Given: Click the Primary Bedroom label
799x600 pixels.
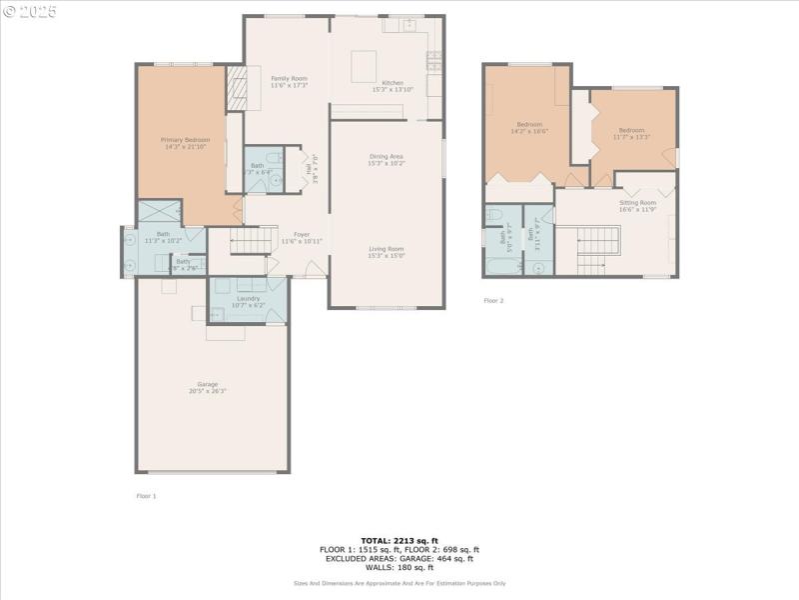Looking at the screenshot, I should (x=186, y=140).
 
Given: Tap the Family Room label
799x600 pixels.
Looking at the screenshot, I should (x=289, y=78).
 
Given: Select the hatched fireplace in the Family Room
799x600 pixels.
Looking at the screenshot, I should (x=236, y=87).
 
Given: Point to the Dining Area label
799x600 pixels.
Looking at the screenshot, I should (x=387, y=156).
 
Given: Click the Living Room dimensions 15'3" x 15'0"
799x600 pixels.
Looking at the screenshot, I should (x=387, y=256).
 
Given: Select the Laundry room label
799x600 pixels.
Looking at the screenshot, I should (x=249, y=298).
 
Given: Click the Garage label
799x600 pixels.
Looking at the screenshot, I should (x=208, y=384).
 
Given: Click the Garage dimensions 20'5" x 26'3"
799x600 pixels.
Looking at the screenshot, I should (x=208, y=391).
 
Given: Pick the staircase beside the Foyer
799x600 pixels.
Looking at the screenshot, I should (x=253, y=241).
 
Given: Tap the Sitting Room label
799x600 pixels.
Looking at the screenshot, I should (x=636, y=202).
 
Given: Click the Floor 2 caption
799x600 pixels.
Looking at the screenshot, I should (x=493, y=300).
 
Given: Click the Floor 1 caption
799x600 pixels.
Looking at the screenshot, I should (x=146, y=496).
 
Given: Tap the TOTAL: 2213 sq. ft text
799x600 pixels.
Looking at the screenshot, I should (x=399, y=540).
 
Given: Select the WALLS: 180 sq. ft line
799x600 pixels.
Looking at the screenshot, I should (x=399, y=567).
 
